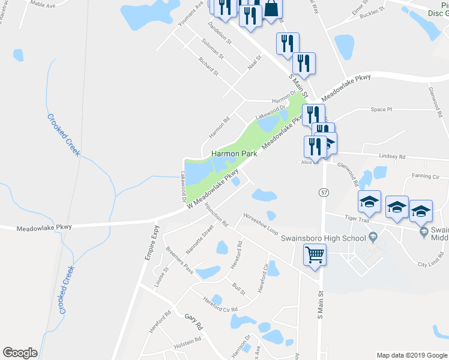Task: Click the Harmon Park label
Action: click(x=234, y=154)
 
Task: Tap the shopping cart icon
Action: click(x=315, y=255)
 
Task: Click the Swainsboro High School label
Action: click(x=323, y=238)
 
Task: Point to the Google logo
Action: click(x=20, y=353)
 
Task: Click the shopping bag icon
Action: click(x=271, y=9)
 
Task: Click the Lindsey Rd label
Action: click(x=393, y=156)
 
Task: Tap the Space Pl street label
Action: click(x=381, y=110)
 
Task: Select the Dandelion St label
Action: click(x=219, y=33)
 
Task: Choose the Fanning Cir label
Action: click(x=426, y=176)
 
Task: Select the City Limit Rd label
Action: click(x=430, y=263)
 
